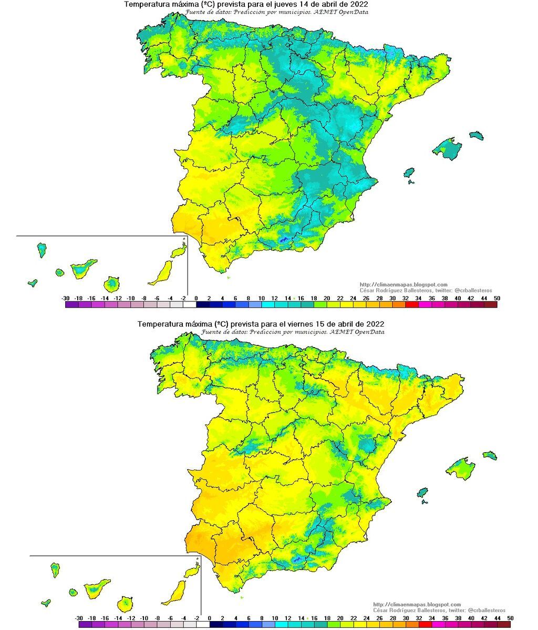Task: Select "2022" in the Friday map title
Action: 374,323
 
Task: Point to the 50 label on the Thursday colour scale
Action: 496,298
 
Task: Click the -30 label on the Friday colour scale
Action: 79,618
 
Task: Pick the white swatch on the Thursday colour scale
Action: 189,304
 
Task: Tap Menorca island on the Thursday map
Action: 476,135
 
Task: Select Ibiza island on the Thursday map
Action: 409,172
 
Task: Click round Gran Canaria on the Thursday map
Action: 111,284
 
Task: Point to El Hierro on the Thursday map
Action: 33,282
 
